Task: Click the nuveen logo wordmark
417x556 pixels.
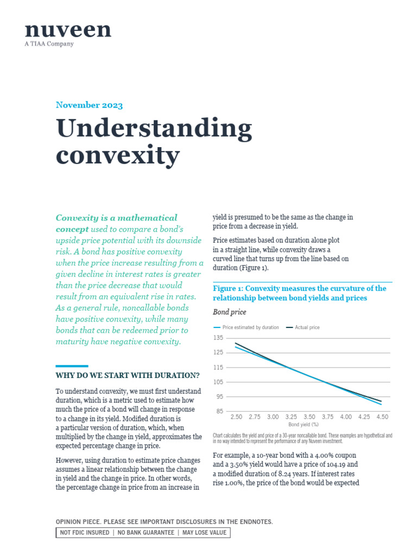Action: [x=67, y=30]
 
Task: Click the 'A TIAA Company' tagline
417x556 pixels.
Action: [x=49, y=45]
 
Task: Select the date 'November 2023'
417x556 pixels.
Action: [x=89, y=105]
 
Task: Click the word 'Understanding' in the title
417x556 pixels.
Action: [x=154, y=130]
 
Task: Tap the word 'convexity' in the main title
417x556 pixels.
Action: [x=117, y=155]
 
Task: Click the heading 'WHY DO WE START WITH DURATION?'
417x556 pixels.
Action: [x=128, y=376]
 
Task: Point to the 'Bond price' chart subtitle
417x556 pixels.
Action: [x=229, y=312]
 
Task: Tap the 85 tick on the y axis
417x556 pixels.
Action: [x=219, y=411]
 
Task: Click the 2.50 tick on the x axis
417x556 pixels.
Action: [x=236, y=417]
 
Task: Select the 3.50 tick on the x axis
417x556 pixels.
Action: [x=309, y=417]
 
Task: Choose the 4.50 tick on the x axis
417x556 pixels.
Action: [x=382, y=417]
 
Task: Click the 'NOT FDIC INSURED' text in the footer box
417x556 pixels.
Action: [x=84, y=533]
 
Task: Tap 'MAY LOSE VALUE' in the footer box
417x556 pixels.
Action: [x=204, y=533]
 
